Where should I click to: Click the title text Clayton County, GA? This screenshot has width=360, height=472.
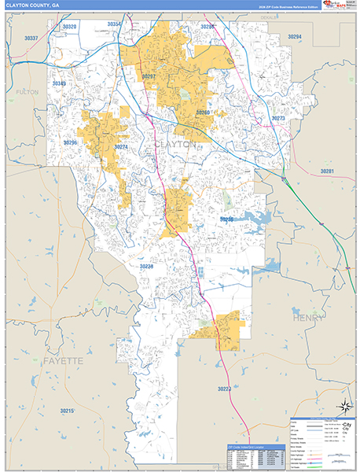point(33,6)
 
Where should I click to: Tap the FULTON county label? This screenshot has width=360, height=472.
point(27,92)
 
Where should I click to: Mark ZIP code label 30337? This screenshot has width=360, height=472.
point(31,38)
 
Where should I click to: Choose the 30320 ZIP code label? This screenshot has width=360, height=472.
point(70,27)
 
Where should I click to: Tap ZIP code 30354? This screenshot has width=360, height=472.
point(114,24)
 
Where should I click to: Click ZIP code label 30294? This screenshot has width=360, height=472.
point(294,37)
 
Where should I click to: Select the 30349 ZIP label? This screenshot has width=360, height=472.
point(60,83)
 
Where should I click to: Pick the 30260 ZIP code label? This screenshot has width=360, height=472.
point(204,112)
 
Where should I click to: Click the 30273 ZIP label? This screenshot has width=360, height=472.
point(278,118)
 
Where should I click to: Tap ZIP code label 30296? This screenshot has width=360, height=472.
point(71,142)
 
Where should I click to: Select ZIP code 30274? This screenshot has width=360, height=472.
point(120,146)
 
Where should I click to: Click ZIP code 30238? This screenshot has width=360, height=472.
point(146,267)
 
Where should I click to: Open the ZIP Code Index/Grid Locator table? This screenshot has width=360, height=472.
point(252,457)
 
